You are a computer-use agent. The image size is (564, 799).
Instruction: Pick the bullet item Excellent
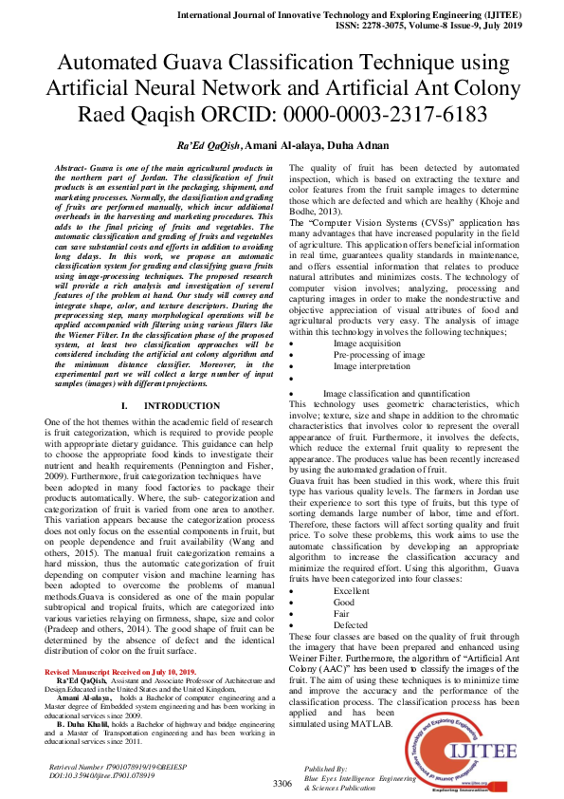[352, 564]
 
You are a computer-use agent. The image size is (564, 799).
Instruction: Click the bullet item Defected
[351, 598]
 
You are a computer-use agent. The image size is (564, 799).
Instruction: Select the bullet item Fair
[342, 586]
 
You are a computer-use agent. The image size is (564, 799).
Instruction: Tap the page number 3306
[282, 783]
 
